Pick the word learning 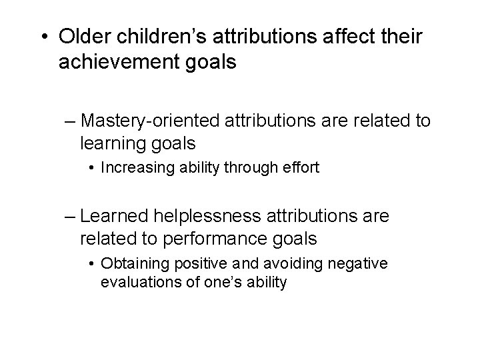(111, 143)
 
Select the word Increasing (133, 168)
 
